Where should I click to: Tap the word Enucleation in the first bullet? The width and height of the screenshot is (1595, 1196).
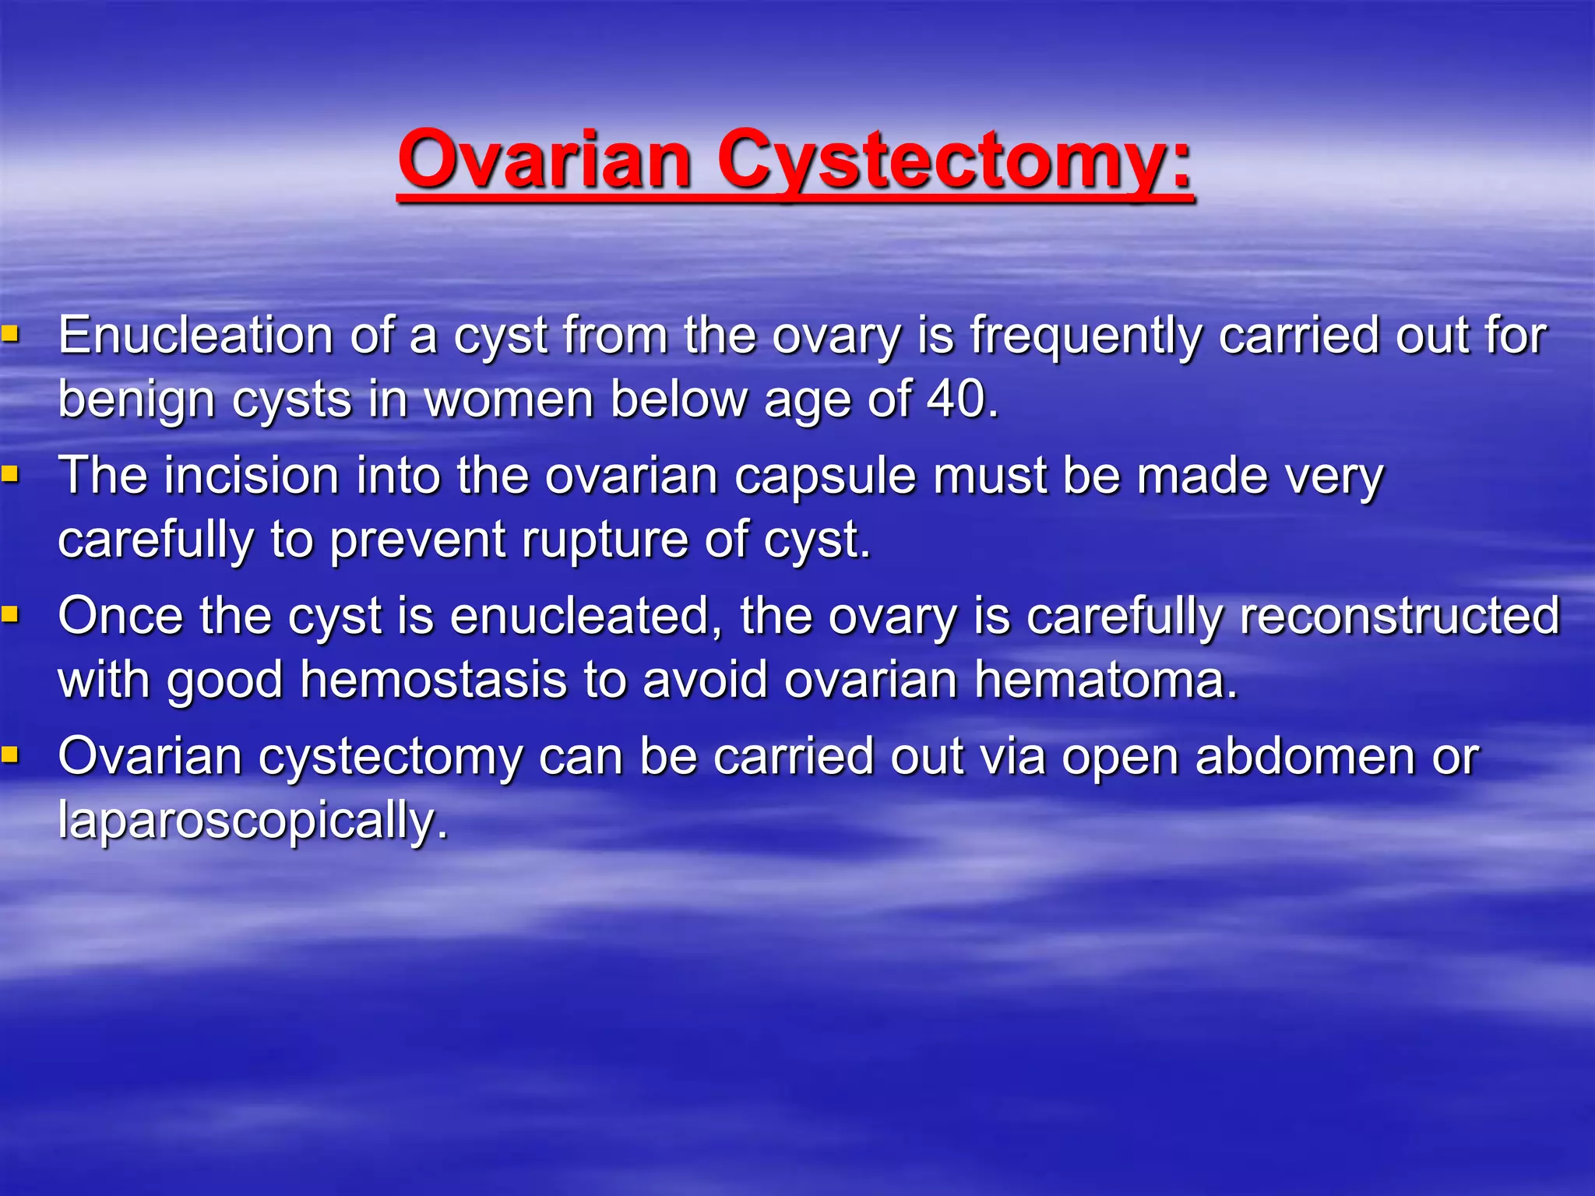(x=195, y=336)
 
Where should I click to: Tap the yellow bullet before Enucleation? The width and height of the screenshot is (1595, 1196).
(x=9, y=336)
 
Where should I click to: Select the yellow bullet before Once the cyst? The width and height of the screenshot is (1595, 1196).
(x=9, y=614)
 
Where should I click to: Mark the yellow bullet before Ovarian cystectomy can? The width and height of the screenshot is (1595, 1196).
(x=9, y=755)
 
